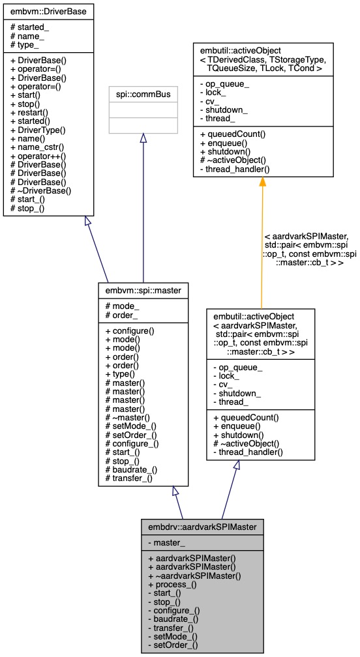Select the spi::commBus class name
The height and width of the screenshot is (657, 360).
pos(142,94)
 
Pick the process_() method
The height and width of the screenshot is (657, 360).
pos(172,585)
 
